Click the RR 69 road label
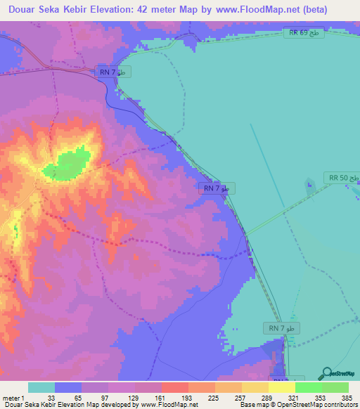304,33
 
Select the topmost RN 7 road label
112,72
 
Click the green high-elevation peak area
67,164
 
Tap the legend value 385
345,397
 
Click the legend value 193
188,397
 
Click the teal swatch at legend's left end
41,387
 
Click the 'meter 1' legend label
14,397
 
